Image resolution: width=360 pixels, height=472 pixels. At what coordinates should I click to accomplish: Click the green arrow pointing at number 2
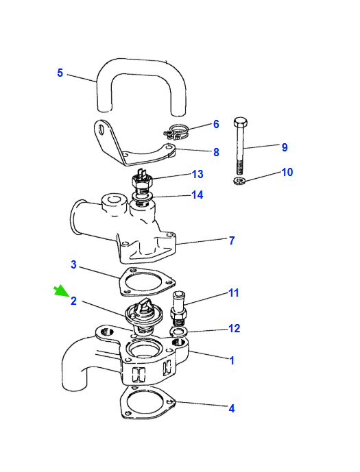pos(62,290)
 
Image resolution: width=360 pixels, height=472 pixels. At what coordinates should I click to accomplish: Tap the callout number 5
pos(60,73)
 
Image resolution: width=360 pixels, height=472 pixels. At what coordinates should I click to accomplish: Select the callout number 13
pos(197,174)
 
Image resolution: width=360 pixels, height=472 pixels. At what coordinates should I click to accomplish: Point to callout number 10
pos(287,172)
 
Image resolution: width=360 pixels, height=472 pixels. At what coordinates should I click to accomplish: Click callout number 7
pos(232,240)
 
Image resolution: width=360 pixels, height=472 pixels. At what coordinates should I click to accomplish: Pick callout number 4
pos(232,408)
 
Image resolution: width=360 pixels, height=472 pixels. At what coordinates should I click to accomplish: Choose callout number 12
pos(234,328)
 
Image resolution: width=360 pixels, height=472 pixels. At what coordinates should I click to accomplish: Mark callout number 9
pos(285,147)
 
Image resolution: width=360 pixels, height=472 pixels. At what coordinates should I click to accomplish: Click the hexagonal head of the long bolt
pos(241,122)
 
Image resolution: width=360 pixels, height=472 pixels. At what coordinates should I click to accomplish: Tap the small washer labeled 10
pos(239,181)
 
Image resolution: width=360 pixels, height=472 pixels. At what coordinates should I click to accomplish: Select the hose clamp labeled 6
pos(176,132)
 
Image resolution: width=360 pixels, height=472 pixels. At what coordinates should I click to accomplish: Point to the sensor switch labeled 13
pos(142,179)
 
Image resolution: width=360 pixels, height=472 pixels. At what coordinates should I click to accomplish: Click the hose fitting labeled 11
pos(179,308)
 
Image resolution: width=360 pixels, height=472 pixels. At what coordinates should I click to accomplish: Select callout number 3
pos(73,265)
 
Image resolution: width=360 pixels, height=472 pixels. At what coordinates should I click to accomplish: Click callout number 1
pos(232,360)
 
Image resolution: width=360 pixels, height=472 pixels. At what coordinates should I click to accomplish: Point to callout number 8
pos(216,152)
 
